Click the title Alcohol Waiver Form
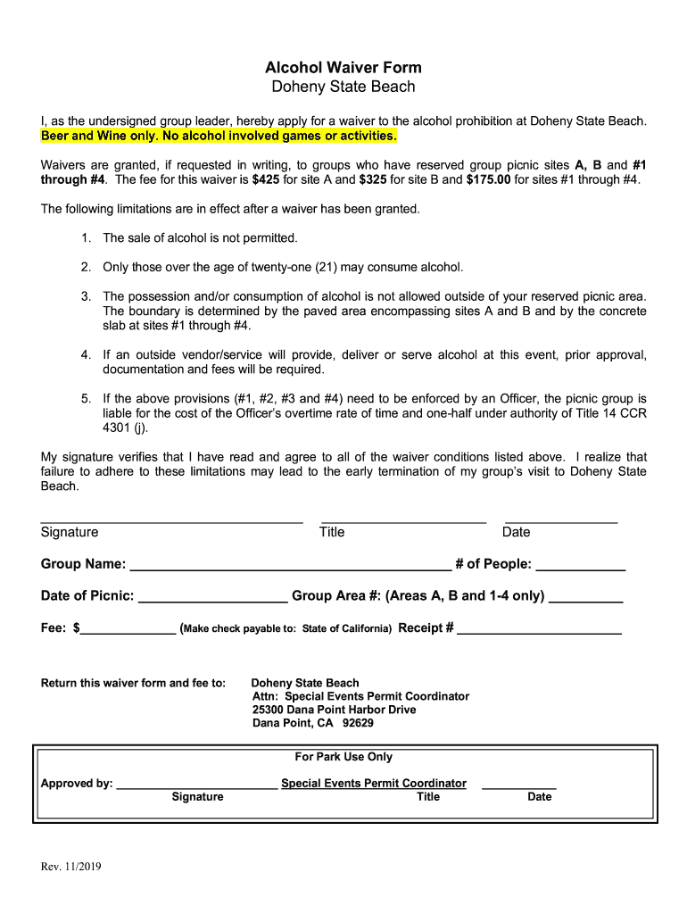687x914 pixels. (x=343, y=68)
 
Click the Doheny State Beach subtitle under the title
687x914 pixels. (x=343, y=87)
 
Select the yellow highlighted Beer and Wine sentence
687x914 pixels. (x=219, y=136)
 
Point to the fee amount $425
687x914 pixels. (x=266, y=179)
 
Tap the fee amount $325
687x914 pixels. (x=374, y=179)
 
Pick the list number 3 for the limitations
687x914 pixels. (x=87, y=296)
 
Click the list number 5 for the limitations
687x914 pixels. (x=87, y=398)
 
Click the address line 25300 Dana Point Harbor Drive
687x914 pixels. (x=334, y=710)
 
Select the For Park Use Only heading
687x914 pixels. (x=343, y=757)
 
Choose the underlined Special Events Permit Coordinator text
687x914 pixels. (x=374, y=784)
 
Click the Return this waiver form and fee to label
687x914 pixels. (x=133, y=683)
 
